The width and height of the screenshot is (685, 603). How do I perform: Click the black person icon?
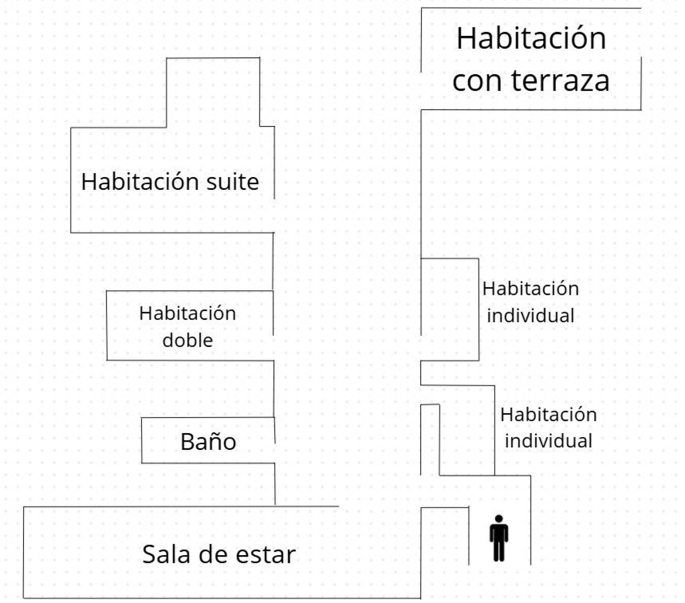[499, 538]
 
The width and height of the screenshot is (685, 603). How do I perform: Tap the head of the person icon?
[499, 519]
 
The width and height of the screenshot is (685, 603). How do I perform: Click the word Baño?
[208, 442]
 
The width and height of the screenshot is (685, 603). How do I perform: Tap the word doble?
[188, 340]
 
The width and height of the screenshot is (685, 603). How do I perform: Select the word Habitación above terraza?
[531, 38]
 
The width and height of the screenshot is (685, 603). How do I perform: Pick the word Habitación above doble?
[188, 313]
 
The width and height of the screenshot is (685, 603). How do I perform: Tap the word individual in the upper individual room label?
[531, 316]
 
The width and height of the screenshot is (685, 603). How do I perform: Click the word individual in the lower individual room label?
[548, 441]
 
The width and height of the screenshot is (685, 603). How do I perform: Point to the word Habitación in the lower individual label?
[548, 415]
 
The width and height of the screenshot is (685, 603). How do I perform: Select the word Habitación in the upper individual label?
[531, 288]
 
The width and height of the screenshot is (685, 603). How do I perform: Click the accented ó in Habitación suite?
[180, 181]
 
